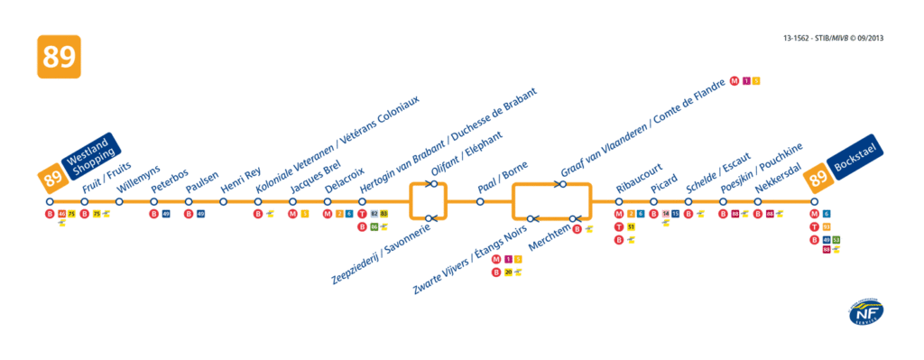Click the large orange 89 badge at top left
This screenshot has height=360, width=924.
coord(59,58)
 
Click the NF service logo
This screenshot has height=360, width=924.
coord(865,313)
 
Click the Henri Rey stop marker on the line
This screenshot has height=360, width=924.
coord(223,201)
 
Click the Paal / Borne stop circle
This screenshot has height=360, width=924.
coord(480,201)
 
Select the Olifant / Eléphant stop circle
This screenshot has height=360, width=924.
coord(434,184)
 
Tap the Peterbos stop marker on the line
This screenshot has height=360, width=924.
coord(153,201)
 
